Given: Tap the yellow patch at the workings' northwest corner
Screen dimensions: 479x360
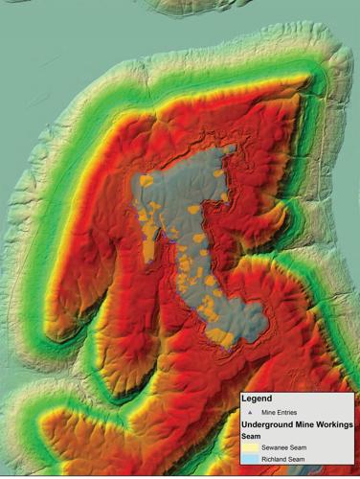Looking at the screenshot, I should [x=145, y=179].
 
